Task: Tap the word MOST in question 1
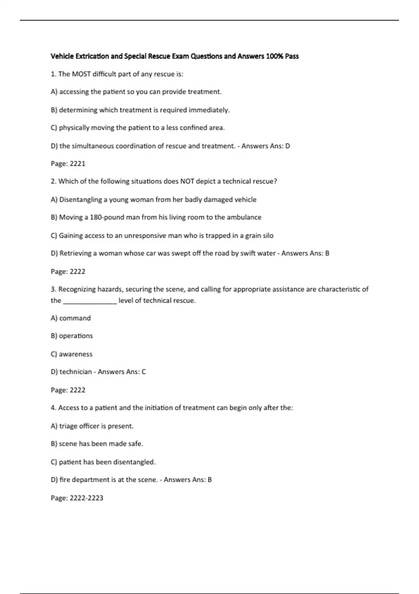pyautogui.click(x=81, y=74)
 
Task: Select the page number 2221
pyautogui.click(x=78, y=164)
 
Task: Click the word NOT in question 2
pyautogui.click(x=187, y=181)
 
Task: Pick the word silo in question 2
pyautogui.click(x=268, y=236)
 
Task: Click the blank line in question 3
pyautogui.click(x=90, y=301)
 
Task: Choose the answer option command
pyautogui.click(x=75, y=318)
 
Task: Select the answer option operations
pyautogui.click(x=76, y=336)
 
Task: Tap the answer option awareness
pyautogui.click(x=75, y=354)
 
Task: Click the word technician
pyautogui.click(x=75, y=372)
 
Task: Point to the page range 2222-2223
pyautogui.click(x=86, y=498)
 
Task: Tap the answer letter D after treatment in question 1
pyautogui.click(x=288, y=146)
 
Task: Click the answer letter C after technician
pyautogui.click(x=144, y=372)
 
